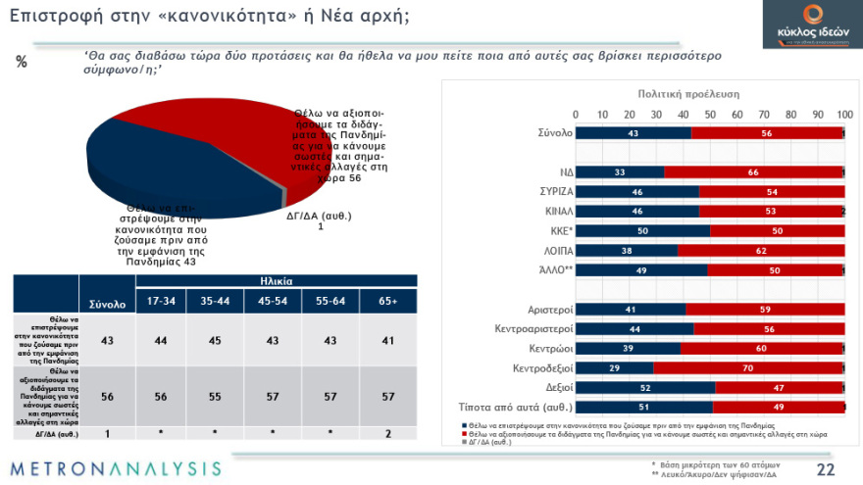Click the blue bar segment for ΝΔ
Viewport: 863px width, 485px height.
click(x=620, y=171)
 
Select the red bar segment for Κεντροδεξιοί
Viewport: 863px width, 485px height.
click(x=748, y=368)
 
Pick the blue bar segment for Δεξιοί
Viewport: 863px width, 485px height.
click(x=645, y=387)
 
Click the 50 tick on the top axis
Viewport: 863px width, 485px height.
click(x=710, y=114)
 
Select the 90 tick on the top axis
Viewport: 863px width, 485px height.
click(x=818, y=114)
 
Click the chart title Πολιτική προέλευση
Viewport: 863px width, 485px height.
click(x=688, y=94)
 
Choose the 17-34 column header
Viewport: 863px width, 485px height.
click(x=161, y=302)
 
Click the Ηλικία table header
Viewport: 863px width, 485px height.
click(x=276, y=281)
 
